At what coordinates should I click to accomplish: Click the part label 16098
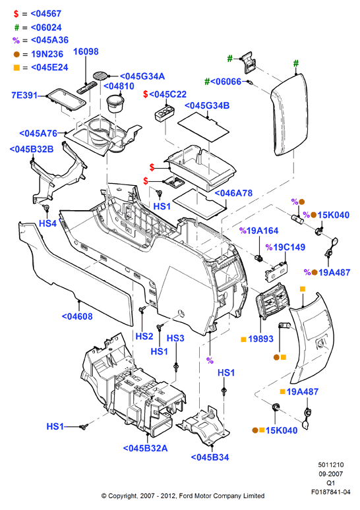(86, 51)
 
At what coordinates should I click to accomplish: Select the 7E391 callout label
(24, 96)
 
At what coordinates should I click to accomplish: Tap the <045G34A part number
(142, 76)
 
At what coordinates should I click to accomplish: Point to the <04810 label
(119, 86)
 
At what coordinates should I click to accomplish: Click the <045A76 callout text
(38, 133)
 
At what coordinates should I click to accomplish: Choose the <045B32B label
(32, 150)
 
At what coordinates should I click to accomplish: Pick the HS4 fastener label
(47, 223)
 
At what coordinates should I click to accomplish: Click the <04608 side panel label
(77, 316)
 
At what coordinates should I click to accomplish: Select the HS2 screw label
(144, 336)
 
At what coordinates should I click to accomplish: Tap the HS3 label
(175, 338)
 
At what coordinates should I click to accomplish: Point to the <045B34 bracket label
(210, 457)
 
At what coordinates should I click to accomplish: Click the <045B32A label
(146, 448)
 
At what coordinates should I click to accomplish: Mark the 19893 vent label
(260, 339)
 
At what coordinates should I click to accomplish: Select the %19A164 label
(259, 231)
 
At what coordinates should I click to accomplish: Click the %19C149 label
(285, 247)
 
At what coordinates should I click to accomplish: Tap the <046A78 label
(233, 193)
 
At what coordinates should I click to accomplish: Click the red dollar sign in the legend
(16, 14)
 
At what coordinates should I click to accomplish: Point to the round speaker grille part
(100, 75)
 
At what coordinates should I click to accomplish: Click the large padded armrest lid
(289, 114)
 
